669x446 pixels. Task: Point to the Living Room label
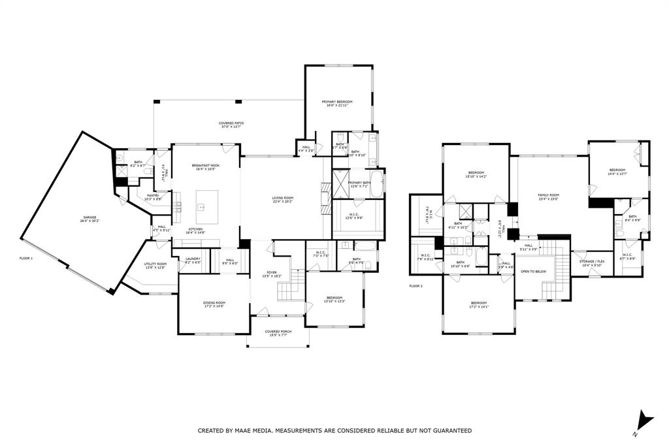283,200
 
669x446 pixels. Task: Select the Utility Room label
155,265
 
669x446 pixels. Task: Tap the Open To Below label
533,271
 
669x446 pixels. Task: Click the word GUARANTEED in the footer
449,431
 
